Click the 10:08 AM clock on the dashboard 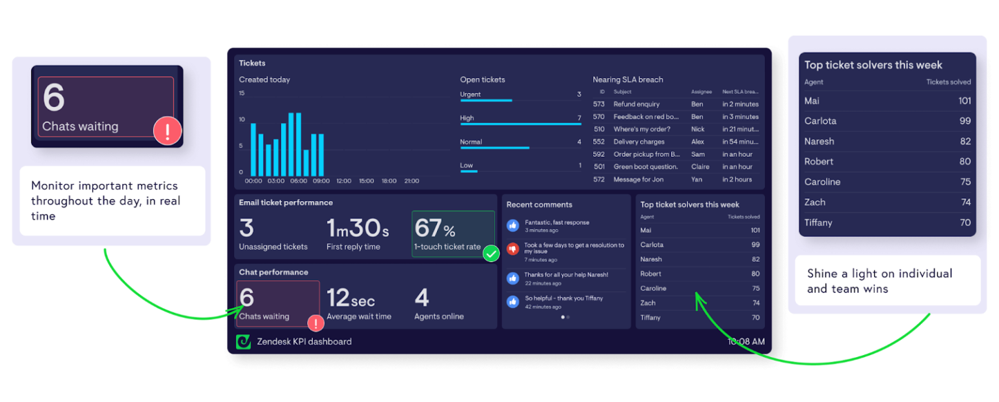point(745,342)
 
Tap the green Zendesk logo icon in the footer point(243,342)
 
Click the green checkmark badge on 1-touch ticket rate point(491,254)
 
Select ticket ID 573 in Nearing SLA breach point(599,104)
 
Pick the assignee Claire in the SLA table point(700,167)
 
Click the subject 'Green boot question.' point(645,167)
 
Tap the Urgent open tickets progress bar point(486,100)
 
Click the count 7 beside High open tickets point(579,118)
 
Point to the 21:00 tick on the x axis point(411,181)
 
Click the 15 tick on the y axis point(242,93)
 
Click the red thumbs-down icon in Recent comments point(513,248)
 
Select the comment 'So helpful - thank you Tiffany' point(564,299)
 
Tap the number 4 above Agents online point(421,298)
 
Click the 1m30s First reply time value point(358,228)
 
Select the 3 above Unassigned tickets point(246,228)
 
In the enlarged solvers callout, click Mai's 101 point(964,101)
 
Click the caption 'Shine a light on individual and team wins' point(879,281)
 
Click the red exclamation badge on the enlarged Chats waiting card point(168,132)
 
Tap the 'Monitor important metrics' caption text point(105,201)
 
